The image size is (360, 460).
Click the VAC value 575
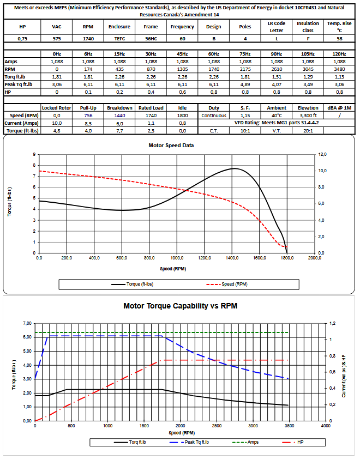coord(57,39)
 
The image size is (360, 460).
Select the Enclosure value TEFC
coord(119,39)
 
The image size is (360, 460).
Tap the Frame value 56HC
coord(151,39)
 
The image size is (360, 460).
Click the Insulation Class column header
coord(308,27)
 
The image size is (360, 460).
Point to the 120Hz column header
coord(339,55)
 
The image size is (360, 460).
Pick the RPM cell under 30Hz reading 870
coord(151,70)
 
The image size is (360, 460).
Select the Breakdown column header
coord(119,108)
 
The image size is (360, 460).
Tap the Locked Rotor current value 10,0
coord(57,123)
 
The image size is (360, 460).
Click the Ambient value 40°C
coord(277,116)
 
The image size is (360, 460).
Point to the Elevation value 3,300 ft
coord(308,116)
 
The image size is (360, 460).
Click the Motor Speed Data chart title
coord(171,146)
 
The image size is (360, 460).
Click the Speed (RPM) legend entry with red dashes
coord(232,284)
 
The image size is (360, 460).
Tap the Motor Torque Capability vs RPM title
coord(180,306)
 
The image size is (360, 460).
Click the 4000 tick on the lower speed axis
coord(326,426)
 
